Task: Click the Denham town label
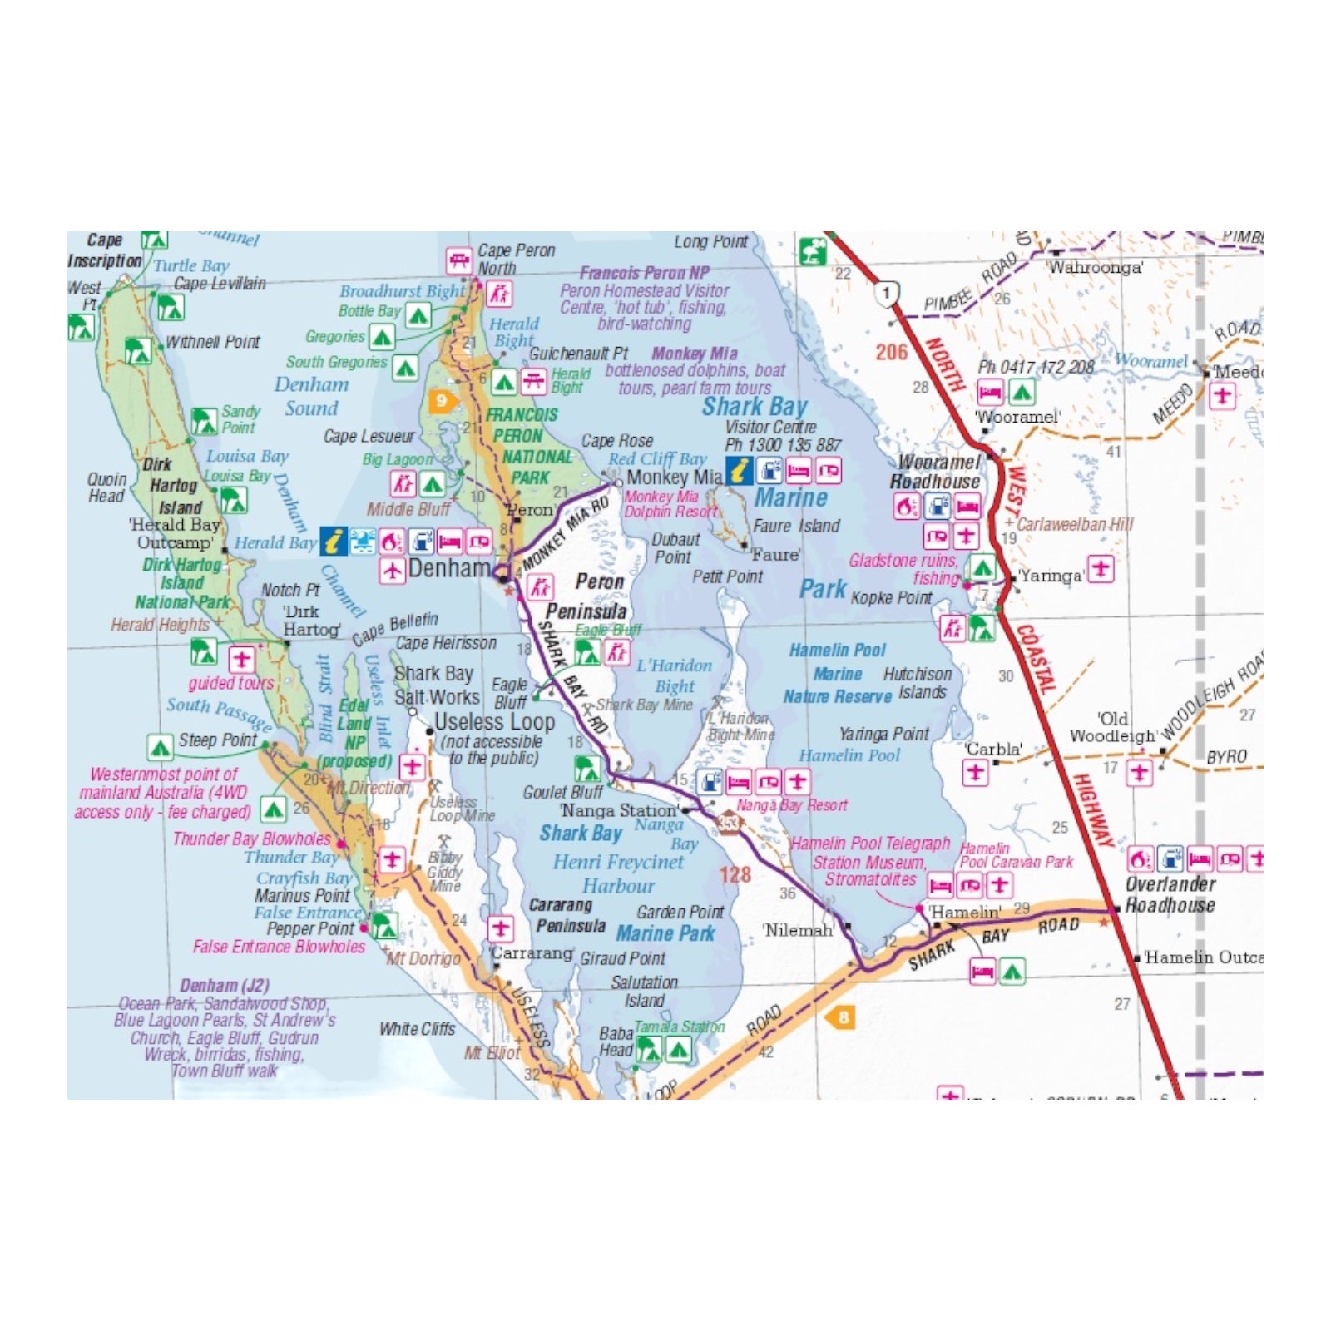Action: [450, 569]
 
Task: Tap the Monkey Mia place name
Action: [674, 477]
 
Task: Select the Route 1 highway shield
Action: [887, 293]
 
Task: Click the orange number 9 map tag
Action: [441, 401]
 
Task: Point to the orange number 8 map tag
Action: [843, 1017]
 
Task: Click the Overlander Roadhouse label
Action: [1170, 895]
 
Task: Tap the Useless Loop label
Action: [494, 722]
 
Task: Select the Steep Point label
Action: [217, 740]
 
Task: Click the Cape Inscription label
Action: [105, 250]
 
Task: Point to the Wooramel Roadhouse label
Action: [936, 472]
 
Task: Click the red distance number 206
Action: [891, 352]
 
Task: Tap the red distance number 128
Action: [735, 874]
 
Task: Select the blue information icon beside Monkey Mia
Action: [739, 471]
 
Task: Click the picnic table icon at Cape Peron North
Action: [458, 260]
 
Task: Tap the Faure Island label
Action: [796, 526]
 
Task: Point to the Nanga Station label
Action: [619, 810]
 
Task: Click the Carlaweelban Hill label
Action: [1075, 524]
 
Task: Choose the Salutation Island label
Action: [645, 992]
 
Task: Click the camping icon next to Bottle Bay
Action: [418, 314]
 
